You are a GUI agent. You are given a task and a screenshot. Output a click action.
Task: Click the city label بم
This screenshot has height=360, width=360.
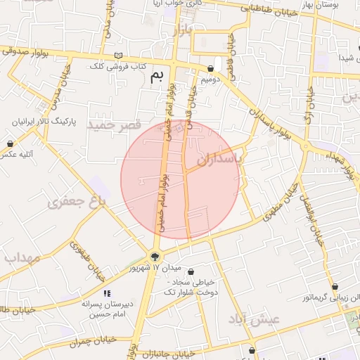coord(160,77)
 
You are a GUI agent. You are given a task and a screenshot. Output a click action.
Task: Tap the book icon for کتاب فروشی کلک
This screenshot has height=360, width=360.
coord(118,56)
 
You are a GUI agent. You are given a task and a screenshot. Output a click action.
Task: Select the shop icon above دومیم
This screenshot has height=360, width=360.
coord(211,68)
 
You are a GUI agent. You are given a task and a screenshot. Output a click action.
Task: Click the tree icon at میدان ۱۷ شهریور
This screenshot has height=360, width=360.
coord(155,257)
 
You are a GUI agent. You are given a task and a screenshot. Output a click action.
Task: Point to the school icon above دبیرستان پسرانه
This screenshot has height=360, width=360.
coord(107,292)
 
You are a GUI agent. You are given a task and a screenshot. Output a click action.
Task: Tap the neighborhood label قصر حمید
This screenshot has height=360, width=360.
coord(110,124)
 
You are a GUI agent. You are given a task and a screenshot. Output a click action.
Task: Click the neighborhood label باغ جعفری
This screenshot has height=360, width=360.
coord(77,202)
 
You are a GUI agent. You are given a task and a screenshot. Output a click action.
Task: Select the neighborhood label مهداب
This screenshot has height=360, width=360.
coord(21,257)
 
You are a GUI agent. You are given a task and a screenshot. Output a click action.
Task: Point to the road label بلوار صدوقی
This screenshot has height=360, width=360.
coord(25,51)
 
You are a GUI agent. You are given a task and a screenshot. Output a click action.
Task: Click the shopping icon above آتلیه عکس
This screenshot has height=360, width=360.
coord(11,143)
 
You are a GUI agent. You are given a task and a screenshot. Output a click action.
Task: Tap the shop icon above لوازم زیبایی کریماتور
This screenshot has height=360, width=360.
coord(335,288)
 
